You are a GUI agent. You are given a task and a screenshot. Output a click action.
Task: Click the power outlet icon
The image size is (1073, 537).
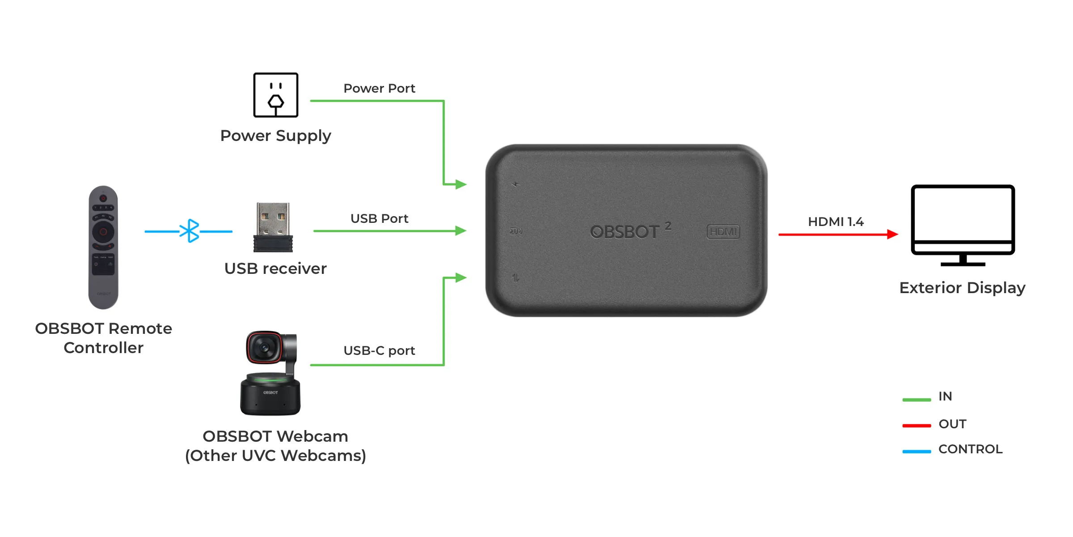pyautogui.click(x=275, y=95)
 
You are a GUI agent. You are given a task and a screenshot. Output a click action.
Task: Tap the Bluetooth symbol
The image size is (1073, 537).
pyautogui.click(x=190, y=231)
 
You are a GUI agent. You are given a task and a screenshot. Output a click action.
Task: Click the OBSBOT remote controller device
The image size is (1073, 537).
pyautogui.click(x=103, y=247)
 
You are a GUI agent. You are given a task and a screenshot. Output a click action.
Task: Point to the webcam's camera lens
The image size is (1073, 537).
pyautogui.click(x=264, y=348)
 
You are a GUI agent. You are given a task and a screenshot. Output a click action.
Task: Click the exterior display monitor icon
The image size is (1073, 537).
pyautogui.click(x=963, y=225)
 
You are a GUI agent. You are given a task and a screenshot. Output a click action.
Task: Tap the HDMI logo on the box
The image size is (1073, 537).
pyautogui.click(x=723, y=232)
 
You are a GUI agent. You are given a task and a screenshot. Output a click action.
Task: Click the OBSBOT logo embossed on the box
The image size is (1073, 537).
pyautogui.click(x=625, y=232)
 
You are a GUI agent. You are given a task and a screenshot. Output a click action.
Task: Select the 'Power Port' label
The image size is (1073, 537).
pyautogui.click(x=379, y=88)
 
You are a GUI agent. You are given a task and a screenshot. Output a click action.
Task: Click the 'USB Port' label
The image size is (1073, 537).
pyautogui.click(x=379, y=218)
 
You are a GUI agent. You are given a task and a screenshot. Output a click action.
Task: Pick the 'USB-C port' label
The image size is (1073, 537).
pyautogui.click(x=379, y=350)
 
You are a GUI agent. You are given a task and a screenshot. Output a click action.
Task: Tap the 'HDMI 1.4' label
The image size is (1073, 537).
pyautogui.click(x=836, y=222)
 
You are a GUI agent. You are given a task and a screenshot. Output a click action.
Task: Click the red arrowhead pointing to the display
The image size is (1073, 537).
pyautogui.click(x=892, y=234)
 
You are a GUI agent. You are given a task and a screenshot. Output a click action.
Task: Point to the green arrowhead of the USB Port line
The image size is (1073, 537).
pyautogui.click(x=460, y=231)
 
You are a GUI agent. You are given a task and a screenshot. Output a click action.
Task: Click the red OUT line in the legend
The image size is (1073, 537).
pyautogui.click(x=917, y=425)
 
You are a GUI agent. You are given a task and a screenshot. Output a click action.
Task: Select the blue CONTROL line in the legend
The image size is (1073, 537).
pyautogui.click(x=917, y=451)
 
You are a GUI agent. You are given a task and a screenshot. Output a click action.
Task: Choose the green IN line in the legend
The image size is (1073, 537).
pyautogui.click(x=917, y=399)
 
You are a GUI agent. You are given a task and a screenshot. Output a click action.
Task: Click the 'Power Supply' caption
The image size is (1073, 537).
pyautogui.click(x=275, y=136)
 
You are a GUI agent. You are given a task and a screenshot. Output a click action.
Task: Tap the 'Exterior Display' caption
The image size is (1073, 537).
pyautogui.click(x=962, y=288)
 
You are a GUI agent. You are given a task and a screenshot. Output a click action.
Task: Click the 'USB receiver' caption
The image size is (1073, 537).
pyautogui.click(x=275, y=268)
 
